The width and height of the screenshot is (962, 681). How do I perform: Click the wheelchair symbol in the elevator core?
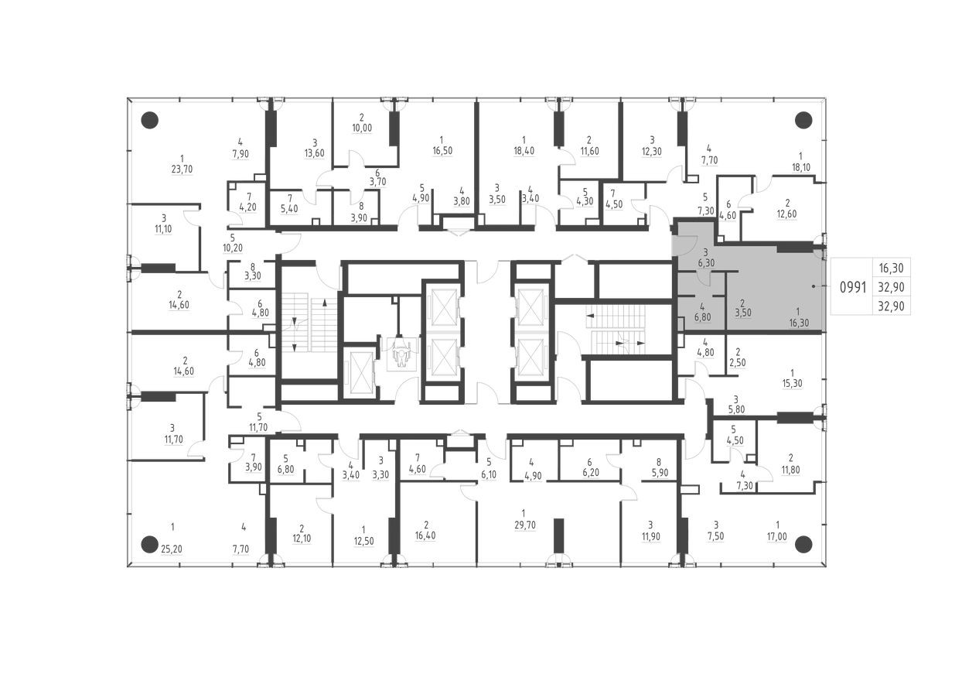point(400,353)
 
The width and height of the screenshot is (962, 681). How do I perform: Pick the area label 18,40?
point(524,151)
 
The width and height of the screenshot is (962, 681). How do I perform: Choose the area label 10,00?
point(361,128)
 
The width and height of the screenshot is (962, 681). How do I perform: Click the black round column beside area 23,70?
point(150,120)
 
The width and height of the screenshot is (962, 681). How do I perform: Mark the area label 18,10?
point(800,166)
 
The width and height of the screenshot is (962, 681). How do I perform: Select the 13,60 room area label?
point(315,152)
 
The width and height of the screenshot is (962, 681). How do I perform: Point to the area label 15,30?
point(792,383)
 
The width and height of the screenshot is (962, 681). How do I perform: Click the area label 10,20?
point(232,248)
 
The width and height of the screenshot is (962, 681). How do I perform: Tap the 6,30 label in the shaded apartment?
point(705,263)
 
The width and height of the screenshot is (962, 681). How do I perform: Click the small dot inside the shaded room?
point(814,286)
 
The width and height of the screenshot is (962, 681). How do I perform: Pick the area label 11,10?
point(164,229)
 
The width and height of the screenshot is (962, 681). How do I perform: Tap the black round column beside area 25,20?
point(150,543)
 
